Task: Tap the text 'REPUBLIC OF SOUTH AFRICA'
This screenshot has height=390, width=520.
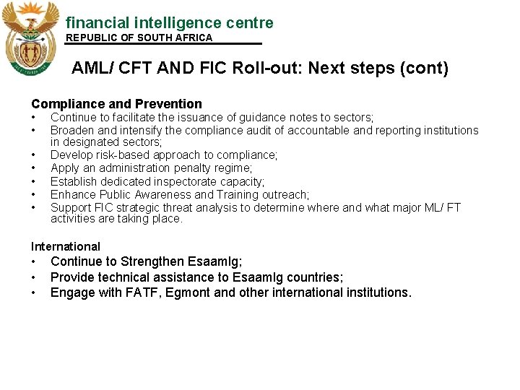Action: tap(139, 38)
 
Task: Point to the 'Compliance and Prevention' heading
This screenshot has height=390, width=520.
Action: tap(116, 104)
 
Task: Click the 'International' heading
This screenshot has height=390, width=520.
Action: tap(66, 246)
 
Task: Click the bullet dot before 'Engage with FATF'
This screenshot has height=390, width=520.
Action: tap(34, 292)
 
